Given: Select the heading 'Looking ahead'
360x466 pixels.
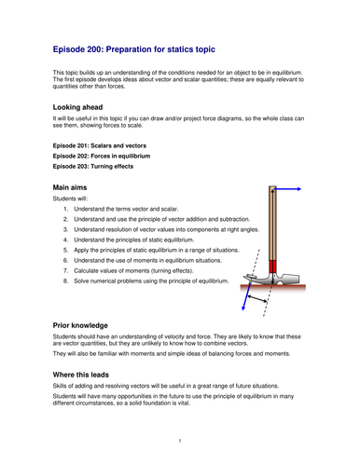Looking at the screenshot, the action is point(77,107).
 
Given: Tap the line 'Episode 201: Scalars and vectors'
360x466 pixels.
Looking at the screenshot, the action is point(100,145).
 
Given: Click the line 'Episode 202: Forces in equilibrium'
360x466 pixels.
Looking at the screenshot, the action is point(102,156).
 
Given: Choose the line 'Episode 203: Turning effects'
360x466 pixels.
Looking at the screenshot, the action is point(93,166).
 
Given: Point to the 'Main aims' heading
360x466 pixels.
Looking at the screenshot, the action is point(70,187).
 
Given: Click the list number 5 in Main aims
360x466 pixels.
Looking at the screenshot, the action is point(65,250).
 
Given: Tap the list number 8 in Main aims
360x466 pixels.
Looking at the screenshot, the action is point(65,281).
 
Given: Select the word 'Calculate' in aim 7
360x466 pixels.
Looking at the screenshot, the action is point(85,270).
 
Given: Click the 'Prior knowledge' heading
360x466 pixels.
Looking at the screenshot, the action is point(80,325).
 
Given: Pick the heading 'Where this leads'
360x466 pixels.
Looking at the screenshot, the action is point(81,375).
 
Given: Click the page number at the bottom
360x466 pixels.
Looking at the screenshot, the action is point(180,441).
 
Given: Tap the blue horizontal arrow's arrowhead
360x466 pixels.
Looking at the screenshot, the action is point(299,189).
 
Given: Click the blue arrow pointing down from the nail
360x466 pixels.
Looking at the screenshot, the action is point(246,296).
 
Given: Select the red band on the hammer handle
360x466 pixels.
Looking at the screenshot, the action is point(272,267).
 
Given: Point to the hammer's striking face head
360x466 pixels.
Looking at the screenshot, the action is point(292,279).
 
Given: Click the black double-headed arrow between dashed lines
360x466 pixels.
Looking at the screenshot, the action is point(257,298).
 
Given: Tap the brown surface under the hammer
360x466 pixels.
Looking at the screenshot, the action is point(273,287).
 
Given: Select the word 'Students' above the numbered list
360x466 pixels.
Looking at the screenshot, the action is point(64,199).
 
